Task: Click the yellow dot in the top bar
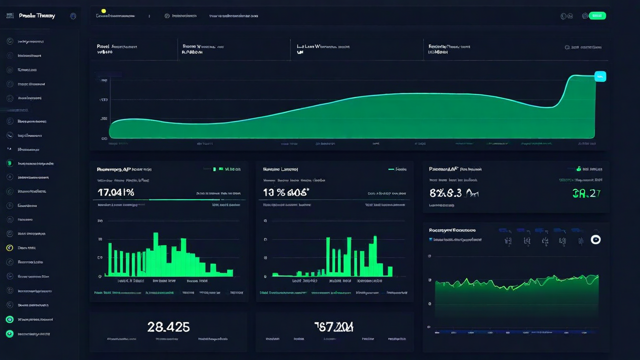coord(103,10)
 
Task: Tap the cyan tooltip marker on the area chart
coord(600,76)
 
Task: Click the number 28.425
coord(168,327)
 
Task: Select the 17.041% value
coord(116,192)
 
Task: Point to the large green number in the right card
coord(586,193)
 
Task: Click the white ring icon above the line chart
coord(595,240)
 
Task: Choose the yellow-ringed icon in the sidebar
coord(9,247)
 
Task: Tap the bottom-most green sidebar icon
coord(9,333)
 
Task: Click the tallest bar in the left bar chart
coord(155,254)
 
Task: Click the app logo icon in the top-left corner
coord(9,16)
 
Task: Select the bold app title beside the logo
coord(37,16)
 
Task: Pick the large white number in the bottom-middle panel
coord(334,327)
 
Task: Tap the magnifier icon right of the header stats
coord(567,47)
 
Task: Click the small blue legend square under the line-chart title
coord(430,239)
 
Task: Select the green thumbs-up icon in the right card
coord(578,169)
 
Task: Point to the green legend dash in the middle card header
coord(391,169)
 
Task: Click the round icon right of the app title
coord(73,16)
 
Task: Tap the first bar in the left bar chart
coord(109,259)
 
